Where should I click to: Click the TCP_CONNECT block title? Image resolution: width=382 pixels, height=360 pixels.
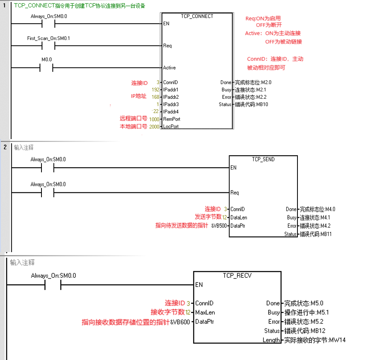coord(197,16)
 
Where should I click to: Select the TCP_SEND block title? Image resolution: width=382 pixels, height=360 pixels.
coord(263,159)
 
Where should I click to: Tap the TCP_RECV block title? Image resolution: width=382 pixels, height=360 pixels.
coord(237,275)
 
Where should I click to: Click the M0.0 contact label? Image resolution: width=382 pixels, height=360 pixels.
coord(47,60)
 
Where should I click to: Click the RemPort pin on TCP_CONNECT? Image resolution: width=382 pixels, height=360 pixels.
coord(171,119)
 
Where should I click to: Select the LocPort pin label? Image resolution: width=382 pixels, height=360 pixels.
coord(171,126)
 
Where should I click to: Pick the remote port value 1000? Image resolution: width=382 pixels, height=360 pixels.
coord(154,119)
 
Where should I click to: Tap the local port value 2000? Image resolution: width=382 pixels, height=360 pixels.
coord(154,126)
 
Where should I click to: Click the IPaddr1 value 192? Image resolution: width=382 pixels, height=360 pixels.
coord(155,90)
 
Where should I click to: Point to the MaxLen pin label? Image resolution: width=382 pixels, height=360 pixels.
coord(205,312)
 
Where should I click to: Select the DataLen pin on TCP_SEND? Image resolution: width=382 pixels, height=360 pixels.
coord(239,217)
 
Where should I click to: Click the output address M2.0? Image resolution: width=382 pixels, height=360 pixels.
coord(265,83)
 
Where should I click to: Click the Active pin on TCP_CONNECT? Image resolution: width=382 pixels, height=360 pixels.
coord(169,68)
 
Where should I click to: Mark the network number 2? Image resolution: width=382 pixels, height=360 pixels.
coord(5,147)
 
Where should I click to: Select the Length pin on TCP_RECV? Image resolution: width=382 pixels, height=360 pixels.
coord(271,340)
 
